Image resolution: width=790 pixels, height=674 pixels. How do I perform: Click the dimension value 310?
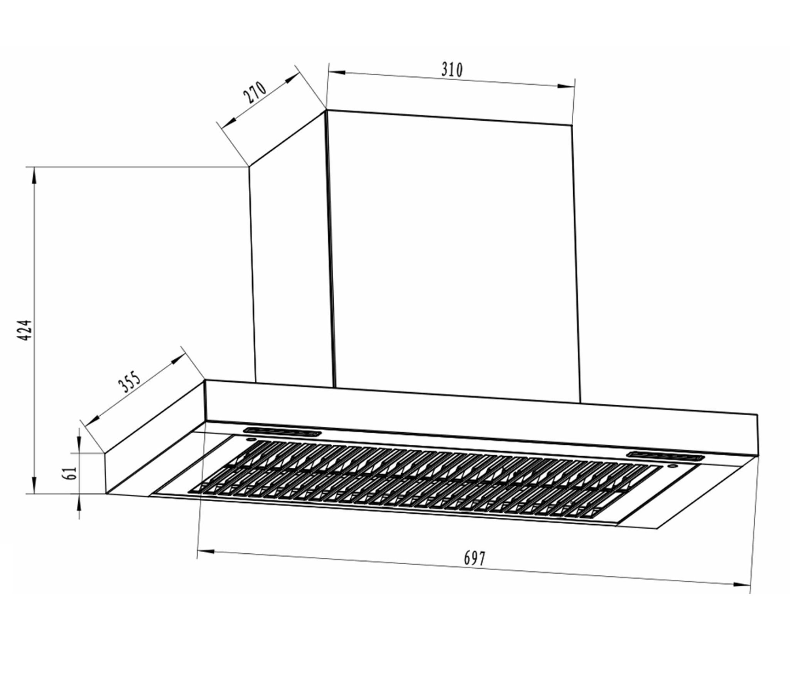coord(452,70)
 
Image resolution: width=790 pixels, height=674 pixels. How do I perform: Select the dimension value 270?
coord(255,93)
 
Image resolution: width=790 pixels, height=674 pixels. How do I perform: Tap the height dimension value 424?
coord(25,330)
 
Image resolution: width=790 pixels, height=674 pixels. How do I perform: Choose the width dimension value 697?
coord(474,559)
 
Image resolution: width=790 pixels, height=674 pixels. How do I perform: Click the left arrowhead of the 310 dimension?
coord(336,72)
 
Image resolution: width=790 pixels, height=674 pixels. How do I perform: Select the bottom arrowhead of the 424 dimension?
coord(35,485)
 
